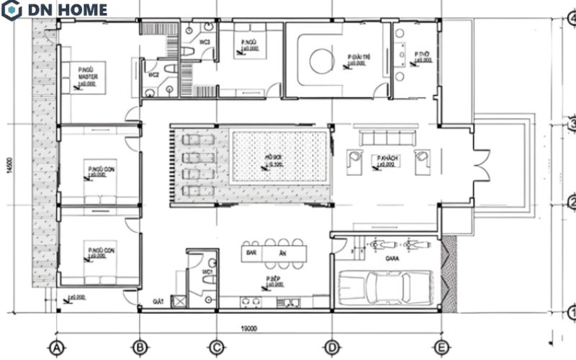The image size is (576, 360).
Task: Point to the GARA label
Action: tap(392, 257)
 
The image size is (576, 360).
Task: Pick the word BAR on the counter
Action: tap(252, 254)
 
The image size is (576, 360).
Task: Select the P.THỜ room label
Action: tap(420, 54)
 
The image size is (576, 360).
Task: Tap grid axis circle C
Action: tap(215, 347)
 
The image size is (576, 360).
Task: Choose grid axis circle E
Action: tap(441, 347)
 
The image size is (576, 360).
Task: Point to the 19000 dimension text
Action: tap(248, 328)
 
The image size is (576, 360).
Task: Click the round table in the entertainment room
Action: tap(320, 60)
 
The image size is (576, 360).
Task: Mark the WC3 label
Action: tap(204, 42)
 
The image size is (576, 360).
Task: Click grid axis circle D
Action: tap(331, 347)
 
